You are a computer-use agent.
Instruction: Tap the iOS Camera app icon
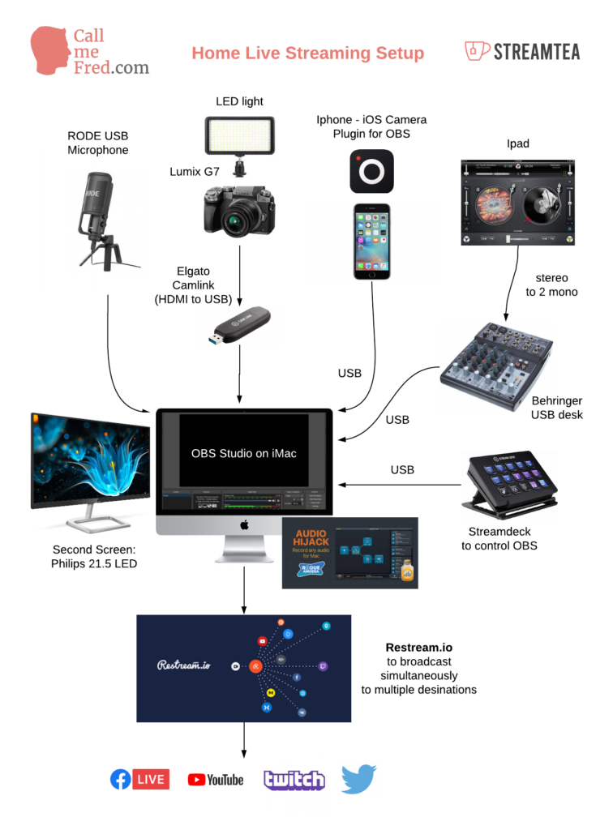[371, 171]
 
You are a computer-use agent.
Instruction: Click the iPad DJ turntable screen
[517, 202]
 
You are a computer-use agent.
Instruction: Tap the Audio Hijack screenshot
[349, 552]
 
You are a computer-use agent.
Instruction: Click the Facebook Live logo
[139, 779]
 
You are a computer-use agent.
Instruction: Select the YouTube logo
[216, 780]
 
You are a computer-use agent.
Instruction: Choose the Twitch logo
[294, 780]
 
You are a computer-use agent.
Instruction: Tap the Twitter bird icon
[358, 779]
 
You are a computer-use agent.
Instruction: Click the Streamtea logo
[523, 52]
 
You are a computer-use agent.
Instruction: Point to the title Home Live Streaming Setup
[307, 53]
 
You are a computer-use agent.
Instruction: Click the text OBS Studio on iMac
[243, 453]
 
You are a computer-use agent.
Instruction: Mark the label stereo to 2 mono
[551, 285]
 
